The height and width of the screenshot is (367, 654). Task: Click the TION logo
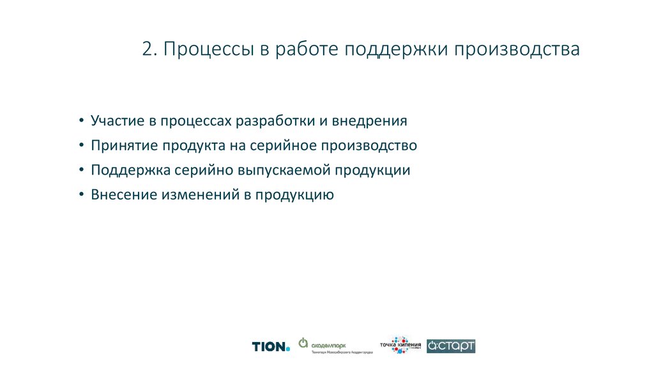click(x=271, y=347)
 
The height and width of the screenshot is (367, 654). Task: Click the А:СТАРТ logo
click(x=451, y=346)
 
